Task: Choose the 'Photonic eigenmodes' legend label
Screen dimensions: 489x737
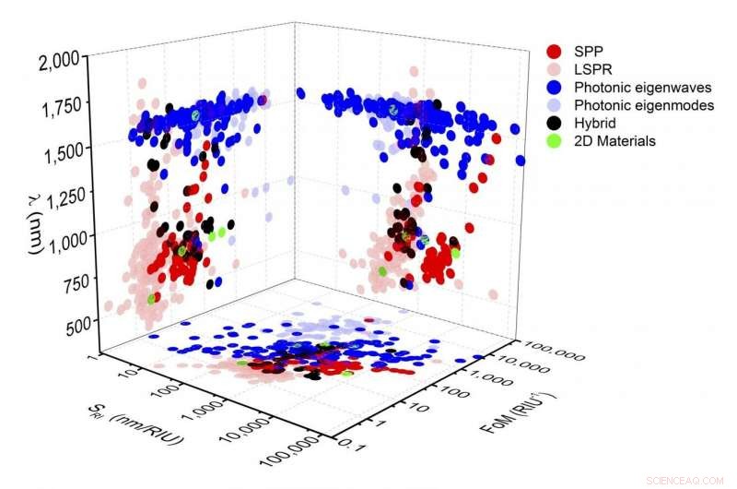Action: point(636,105)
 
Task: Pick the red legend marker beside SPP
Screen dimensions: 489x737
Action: point(555,52)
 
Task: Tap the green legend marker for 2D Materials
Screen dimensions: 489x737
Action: point(555,141)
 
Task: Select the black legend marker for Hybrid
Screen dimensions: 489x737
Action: point(555,123)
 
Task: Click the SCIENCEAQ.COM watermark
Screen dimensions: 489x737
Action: point(683,480)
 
